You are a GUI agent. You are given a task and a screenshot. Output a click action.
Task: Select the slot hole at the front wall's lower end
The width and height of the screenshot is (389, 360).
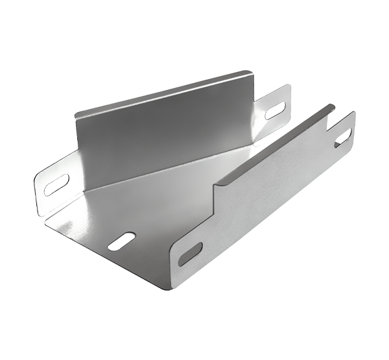[x=189, y=252]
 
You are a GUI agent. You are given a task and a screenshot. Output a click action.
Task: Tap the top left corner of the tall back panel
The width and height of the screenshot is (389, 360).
[x=76, y=114]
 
